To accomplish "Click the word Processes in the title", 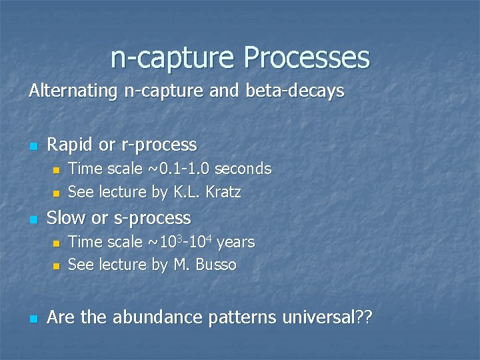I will (306, 57).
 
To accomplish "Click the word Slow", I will (65, 218).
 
